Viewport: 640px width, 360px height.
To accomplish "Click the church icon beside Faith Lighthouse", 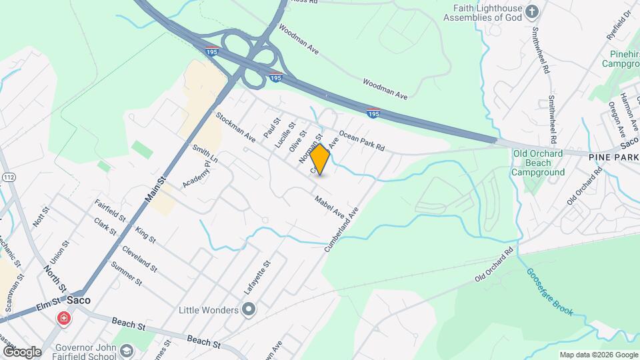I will pos(531,11).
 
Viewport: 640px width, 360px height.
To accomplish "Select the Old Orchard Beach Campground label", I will pos(537,163).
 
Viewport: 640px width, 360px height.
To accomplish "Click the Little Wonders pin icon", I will pos(249,309).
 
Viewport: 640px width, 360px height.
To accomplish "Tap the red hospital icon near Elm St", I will pos(64,319).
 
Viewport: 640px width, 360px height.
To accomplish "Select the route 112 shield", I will pos(9,177).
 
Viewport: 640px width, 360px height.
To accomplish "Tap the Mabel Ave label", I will pos(329,205).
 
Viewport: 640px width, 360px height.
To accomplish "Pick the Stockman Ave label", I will pos(235,127).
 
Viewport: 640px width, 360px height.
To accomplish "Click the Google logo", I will pos(22,351).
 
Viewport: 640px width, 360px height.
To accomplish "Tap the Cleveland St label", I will pos(139,259).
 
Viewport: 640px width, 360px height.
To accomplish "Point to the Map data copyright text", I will pos(598,355).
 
